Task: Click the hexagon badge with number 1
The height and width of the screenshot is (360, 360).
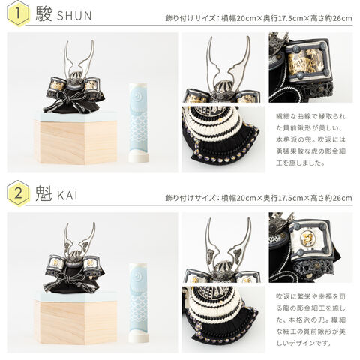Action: (x=18, y=13)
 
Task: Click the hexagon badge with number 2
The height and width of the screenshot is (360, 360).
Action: (x=18, y=193)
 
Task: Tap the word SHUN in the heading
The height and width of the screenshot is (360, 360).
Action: (x=74, y=16)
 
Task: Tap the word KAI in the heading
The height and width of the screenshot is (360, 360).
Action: (x=67, y=196)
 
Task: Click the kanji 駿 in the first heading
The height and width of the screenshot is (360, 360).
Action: (x=43, y=14)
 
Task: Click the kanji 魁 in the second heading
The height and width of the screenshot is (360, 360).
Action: (x=43, y=194)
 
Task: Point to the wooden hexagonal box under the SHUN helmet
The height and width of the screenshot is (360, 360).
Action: (x=76, y=141)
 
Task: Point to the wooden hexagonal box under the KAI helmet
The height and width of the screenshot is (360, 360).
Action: (x=76, y=321)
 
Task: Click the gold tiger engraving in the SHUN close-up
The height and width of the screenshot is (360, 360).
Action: (x=304, y=61)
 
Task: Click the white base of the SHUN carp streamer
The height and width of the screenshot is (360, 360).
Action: (x=139, y=157)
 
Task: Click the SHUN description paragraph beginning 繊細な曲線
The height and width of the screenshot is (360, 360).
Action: (x=310, y=139)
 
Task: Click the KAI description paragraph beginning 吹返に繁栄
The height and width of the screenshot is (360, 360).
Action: (x=310, y=319)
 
